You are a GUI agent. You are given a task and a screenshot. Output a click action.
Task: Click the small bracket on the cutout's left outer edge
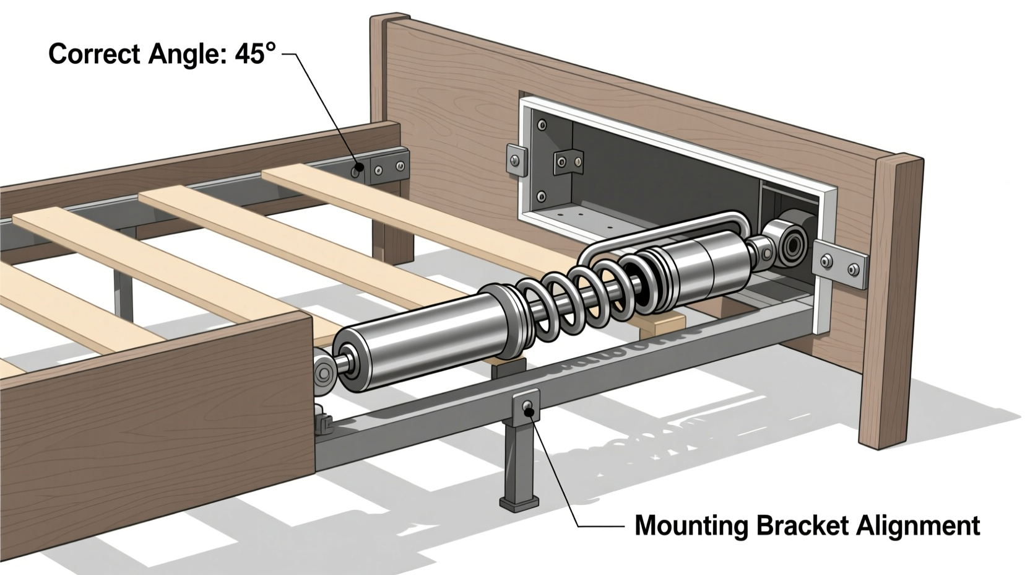click(516, 160)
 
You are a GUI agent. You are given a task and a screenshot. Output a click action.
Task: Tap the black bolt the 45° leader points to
click(357, 168)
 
